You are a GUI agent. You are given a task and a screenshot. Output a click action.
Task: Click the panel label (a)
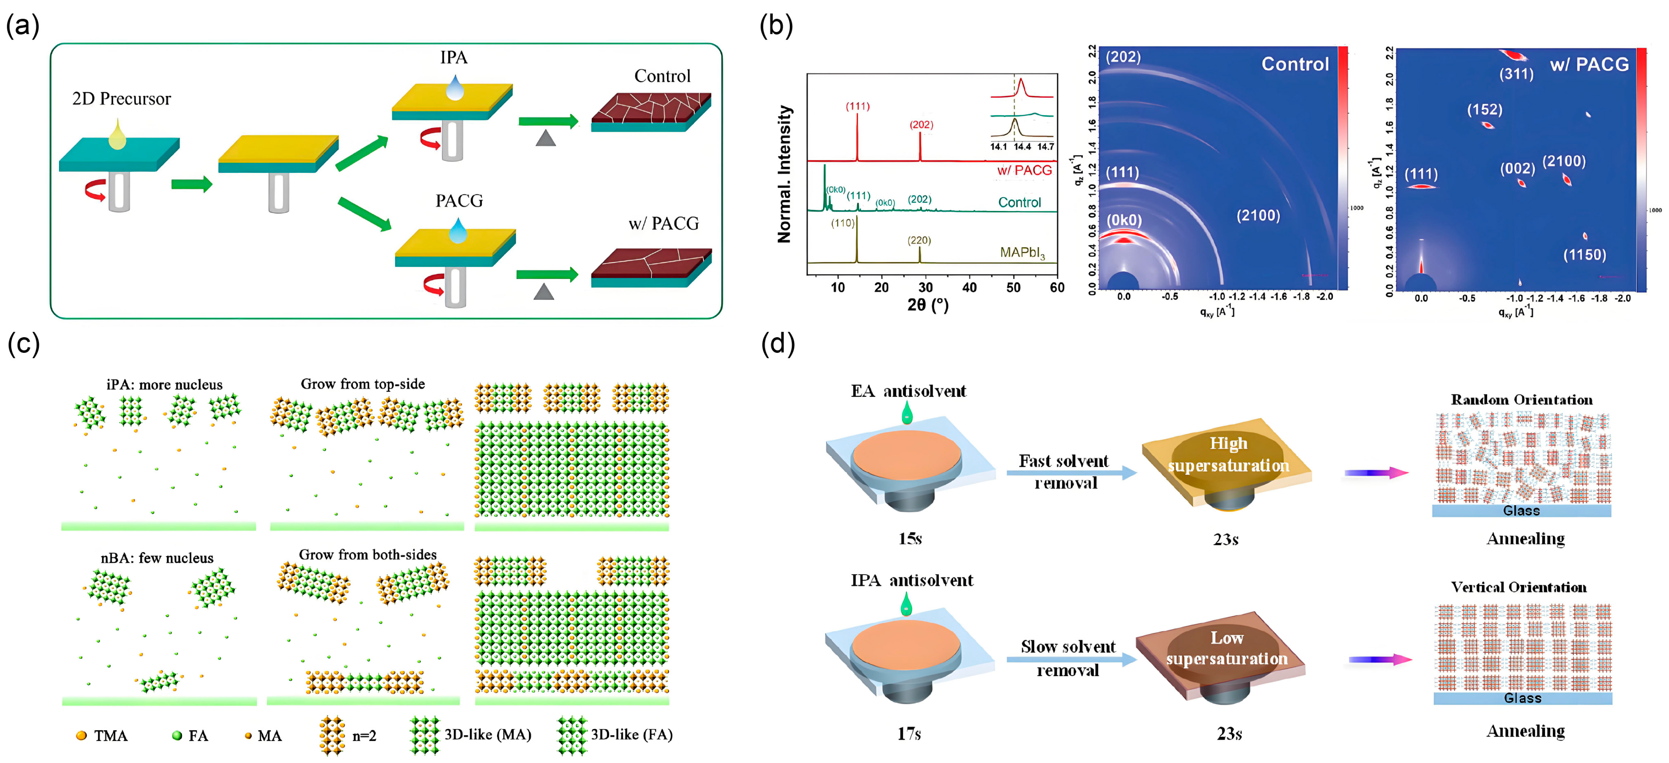click(22, 26)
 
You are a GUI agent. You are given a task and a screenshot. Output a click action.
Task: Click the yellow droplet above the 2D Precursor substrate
click(117, 135)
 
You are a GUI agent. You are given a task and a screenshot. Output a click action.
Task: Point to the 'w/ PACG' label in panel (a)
click(664, 224)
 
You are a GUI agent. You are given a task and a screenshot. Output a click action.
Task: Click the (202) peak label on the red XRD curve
click(921, 124)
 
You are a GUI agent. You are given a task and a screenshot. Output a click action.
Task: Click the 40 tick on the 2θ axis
click(969, 288)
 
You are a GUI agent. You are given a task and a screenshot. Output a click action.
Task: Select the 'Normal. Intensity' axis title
click(785, 174)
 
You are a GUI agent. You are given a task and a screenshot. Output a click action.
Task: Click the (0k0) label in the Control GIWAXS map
click(1124, 221)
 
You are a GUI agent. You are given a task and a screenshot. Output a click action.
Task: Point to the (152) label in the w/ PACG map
click(1485, 109)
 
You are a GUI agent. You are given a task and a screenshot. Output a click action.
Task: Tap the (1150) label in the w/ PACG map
click(1584, 255)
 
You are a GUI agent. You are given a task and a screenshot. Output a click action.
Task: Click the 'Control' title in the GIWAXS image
click(1294, 64)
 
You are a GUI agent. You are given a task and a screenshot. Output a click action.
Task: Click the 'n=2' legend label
click(364, 735)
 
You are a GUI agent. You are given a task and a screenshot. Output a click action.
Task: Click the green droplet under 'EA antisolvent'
click(906, 412)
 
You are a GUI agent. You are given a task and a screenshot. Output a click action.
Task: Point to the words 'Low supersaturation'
click(1226, 648)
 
